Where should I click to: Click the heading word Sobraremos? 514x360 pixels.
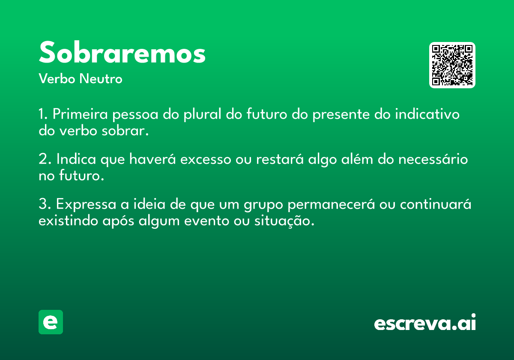(123, 52)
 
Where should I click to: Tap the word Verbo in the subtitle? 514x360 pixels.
(57, 78)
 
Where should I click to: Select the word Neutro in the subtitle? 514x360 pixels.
(101, 78)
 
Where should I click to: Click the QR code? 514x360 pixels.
(452, 65)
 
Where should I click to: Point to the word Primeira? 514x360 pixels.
(80, 114)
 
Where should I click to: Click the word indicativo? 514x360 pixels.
(427, 114)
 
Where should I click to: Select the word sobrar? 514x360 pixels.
(125, 131)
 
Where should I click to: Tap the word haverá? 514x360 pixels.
(152, 159)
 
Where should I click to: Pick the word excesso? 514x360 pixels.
(206, 159)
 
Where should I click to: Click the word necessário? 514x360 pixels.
(433, 159)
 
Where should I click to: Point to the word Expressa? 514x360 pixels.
(86, 204)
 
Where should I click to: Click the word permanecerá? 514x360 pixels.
(331, 204)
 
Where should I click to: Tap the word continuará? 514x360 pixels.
(436, 204)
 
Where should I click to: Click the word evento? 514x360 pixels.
(206, 221)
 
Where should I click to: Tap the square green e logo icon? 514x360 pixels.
(51, 322)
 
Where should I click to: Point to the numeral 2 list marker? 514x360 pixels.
(43, 159)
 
